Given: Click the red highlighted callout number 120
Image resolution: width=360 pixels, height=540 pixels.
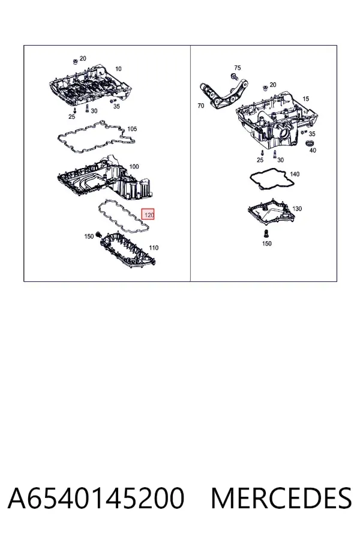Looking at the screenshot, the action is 148,214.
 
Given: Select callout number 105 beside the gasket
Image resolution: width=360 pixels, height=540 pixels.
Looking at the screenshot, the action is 132,129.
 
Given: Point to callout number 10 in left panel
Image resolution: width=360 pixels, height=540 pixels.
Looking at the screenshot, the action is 118,69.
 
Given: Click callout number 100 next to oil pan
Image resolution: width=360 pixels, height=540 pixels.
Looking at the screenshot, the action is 134,167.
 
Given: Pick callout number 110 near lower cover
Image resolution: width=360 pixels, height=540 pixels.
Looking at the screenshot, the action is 154,248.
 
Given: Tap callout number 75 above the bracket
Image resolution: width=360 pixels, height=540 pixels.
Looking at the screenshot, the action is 238,68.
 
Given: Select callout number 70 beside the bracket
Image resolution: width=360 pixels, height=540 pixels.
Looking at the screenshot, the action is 201,106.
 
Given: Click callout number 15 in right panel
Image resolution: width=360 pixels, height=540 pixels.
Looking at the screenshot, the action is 305,99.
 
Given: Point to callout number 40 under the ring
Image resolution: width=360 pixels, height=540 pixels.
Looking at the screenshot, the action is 313,150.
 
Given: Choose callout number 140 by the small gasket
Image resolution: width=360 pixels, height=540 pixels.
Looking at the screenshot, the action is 295,174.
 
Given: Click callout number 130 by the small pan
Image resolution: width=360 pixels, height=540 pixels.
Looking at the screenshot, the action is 296,209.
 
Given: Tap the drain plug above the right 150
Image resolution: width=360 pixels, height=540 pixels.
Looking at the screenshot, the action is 266,233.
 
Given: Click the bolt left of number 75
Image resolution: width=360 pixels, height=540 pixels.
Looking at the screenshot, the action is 235,76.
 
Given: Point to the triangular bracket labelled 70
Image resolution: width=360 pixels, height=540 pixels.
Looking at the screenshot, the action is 224,94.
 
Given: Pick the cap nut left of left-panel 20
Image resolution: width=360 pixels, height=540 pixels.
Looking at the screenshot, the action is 75,62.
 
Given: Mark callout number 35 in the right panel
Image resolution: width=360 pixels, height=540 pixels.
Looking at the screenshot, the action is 312,134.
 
